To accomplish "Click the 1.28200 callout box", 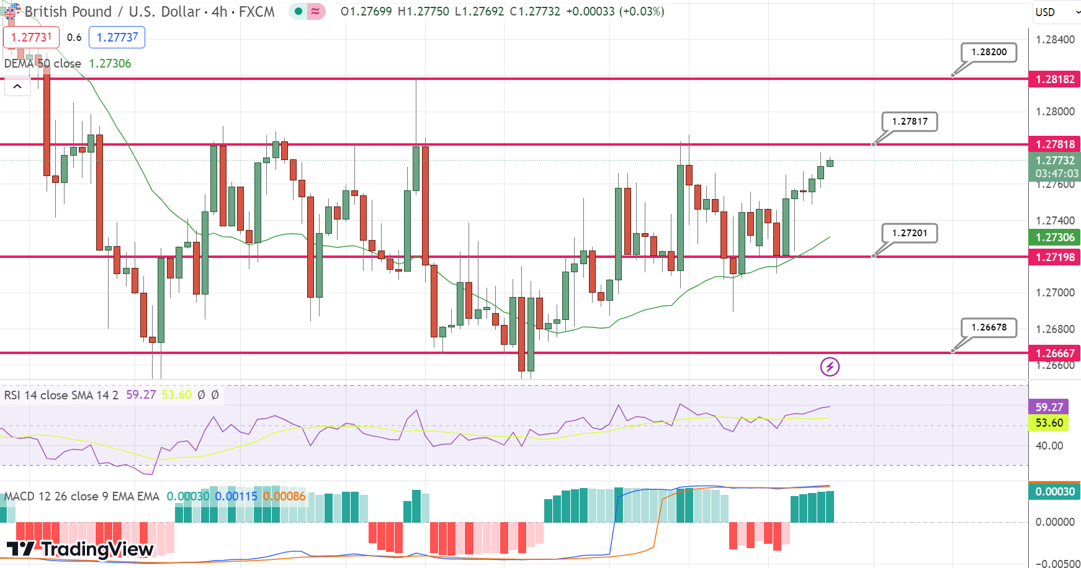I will [x=989, y=52].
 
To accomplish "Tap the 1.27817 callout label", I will [x=909, y=122].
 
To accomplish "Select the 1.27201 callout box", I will [x=909, y=233].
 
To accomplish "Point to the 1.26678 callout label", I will [x=989, y=327].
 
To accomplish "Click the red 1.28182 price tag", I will [x=1054, y=79].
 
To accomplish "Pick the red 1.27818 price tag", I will [x=1054, y=144].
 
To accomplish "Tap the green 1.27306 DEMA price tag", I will [x=1054, y=237].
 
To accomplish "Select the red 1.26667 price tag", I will [x=1054, y=353].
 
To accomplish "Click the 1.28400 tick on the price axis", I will [x=1055, y=40].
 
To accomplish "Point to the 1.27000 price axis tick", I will [x=1055, y=293].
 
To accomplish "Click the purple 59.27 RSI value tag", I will [x=1049, y=407].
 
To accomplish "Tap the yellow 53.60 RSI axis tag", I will [x=1049, y=423].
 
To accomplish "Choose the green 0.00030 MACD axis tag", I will [x=1054, y=492].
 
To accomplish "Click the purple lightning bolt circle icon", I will [x=830, y=367].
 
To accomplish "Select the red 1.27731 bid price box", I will [x=31, y=37].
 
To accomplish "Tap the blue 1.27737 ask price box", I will [x=117, y=37].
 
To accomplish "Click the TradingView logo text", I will [x=81, y=549].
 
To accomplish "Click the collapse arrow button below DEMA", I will [x=17, y=87].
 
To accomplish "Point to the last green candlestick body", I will [x=830, y=163].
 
